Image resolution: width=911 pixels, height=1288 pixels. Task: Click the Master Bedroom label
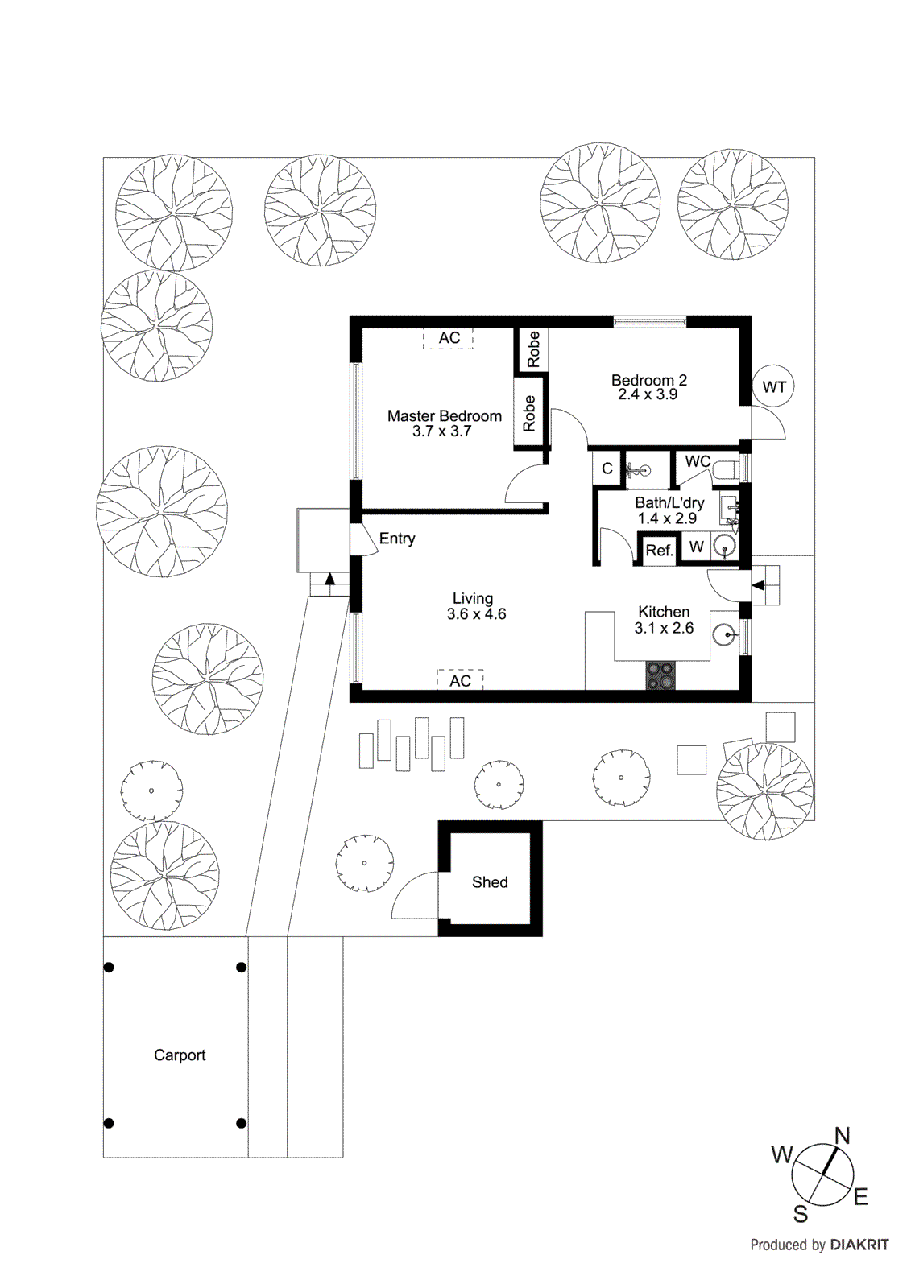[x=444, y=416]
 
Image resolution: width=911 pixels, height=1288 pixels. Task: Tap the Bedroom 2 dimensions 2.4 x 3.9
[x=648, y=394]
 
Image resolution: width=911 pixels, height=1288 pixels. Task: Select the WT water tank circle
[x=773, y=387]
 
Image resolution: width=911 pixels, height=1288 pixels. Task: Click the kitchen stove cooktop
[x=661, y=675]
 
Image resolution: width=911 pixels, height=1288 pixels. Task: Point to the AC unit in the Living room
[x=460, y=680]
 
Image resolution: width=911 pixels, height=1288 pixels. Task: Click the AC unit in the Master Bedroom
[x=449, y=338]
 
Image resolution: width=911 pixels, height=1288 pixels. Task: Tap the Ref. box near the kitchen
[x=659, y=551]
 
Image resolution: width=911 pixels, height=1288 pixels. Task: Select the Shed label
[x=490, y=882]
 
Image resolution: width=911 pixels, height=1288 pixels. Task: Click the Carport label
[x=180, y=1055]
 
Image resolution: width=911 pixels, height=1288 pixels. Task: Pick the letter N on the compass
[x=842, y=1136]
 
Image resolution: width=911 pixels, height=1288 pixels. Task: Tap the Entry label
[x=397, y=539]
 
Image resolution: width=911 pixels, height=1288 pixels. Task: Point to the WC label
[x=698, y=461]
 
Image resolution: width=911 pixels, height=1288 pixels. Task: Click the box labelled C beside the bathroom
[x=607, y=469]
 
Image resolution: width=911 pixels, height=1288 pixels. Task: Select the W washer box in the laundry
[x=697, y=547]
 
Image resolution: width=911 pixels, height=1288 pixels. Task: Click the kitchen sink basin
[x=725, y=635]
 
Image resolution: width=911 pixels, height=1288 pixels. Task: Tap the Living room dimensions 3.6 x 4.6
[x=476, y=614]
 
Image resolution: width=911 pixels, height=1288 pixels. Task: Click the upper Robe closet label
[x=533, y=349]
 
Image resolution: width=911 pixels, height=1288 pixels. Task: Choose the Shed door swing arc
[x=412, y=895]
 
